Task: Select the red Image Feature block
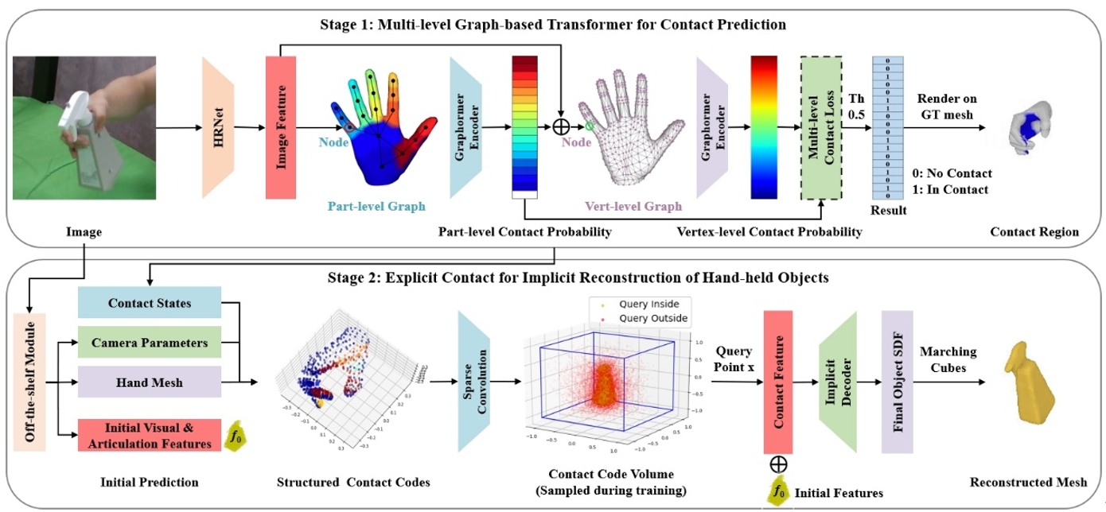(x=280, y=127)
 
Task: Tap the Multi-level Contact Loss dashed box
(x=821, y=127)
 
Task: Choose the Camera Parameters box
(x=150, y=343)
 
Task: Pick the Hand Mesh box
(x=150, y=382)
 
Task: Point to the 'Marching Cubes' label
(x=948, y=359)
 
